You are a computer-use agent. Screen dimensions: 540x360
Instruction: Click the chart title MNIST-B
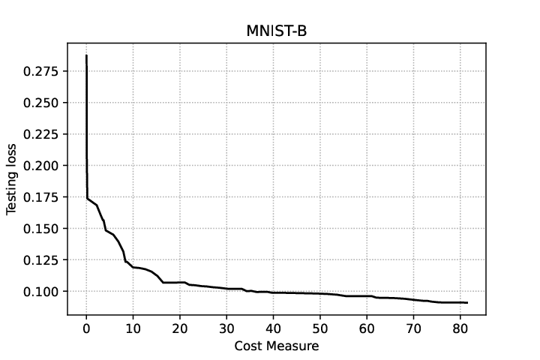[x=277, y=31]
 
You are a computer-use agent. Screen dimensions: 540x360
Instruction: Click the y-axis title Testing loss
[x=11, y=179]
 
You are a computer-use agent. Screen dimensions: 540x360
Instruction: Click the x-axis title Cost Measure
[x=277, y=346]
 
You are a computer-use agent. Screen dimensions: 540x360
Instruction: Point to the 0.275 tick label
[x=40, y=71]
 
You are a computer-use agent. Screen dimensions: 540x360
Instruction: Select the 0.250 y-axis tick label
[x=40, y=103]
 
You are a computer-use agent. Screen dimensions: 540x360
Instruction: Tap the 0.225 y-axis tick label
[x=40, y=134]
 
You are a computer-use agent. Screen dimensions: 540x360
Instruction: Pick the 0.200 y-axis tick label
[x=40, y=165]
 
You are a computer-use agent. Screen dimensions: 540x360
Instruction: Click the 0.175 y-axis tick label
[x=40, y=197]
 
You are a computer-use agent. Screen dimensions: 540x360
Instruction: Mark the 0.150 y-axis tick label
[x=40, y=229]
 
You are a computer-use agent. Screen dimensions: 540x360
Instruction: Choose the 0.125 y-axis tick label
[x=40, y=259]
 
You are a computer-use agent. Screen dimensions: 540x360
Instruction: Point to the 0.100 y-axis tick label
[x=40, y=292]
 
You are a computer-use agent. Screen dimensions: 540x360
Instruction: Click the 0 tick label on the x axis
[x=86, y=328]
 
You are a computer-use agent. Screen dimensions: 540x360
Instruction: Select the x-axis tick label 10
[x=133, y=328]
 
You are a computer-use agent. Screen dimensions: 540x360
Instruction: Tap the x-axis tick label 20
[x=180, y=328]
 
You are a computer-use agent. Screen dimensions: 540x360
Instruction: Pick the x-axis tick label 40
[x=273, y=328]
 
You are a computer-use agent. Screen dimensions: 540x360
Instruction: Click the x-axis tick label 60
[x=367, y=328]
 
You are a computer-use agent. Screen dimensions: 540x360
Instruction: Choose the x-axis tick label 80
[x=460, y=328]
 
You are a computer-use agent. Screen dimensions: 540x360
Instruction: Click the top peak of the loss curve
[x=86, y=55]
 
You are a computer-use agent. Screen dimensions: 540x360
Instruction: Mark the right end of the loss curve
[x=467, y=303]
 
